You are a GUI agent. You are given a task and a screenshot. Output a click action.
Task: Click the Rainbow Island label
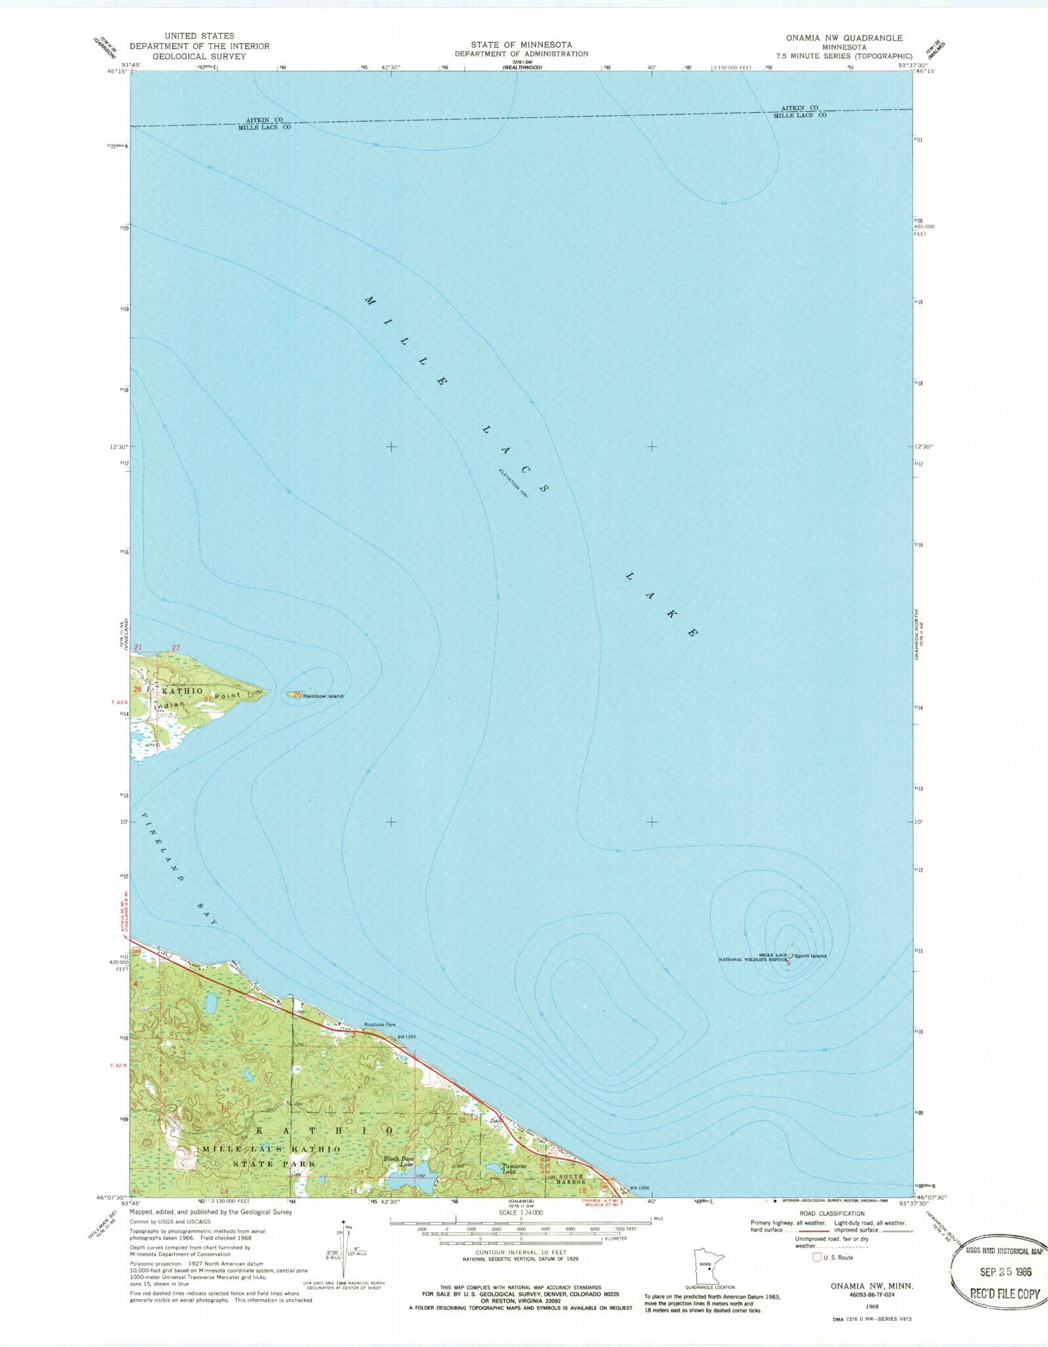[x=323, y=696]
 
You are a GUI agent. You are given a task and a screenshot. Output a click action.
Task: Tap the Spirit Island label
[x=811, y=956]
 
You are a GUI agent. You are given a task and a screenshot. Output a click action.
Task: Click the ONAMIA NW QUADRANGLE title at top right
[x=844, y=38]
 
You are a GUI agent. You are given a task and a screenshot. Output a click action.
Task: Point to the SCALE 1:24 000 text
[x=521, y=1213]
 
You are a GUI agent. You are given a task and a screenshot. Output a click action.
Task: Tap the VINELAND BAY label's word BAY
[x=205, y=913]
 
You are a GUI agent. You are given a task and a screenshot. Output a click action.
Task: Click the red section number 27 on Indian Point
[x=208, y=699]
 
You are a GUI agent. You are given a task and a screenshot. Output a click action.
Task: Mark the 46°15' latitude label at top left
[x=119, y=72]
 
